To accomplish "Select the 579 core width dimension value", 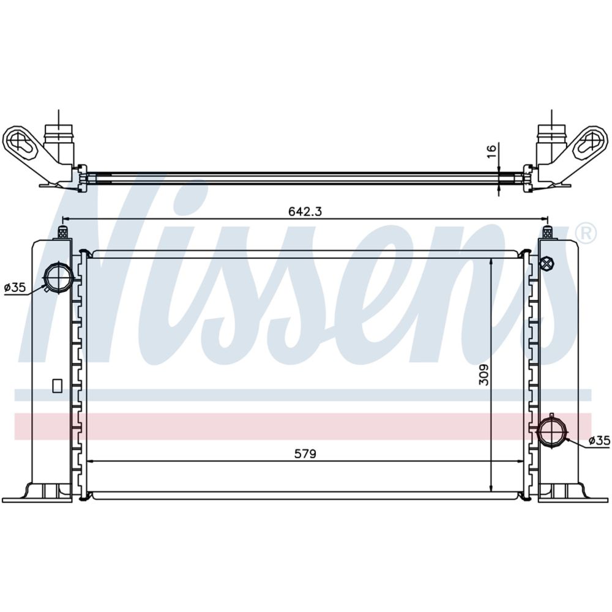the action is [x=305, y=453].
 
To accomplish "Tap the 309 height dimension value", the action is [x=483, y=375].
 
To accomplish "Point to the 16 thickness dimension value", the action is [x=492, y=151].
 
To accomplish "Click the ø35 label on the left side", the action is [x=15, y=288].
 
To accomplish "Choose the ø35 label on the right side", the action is [x=599, y=441].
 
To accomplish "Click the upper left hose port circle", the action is [x=58, y=277].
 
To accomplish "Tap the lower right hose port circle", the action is [x=553, y=431].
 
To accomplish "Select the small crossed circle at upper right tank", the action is [x=547, y=263].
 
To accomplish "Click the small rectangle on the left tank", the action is [x=58, y=386].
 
